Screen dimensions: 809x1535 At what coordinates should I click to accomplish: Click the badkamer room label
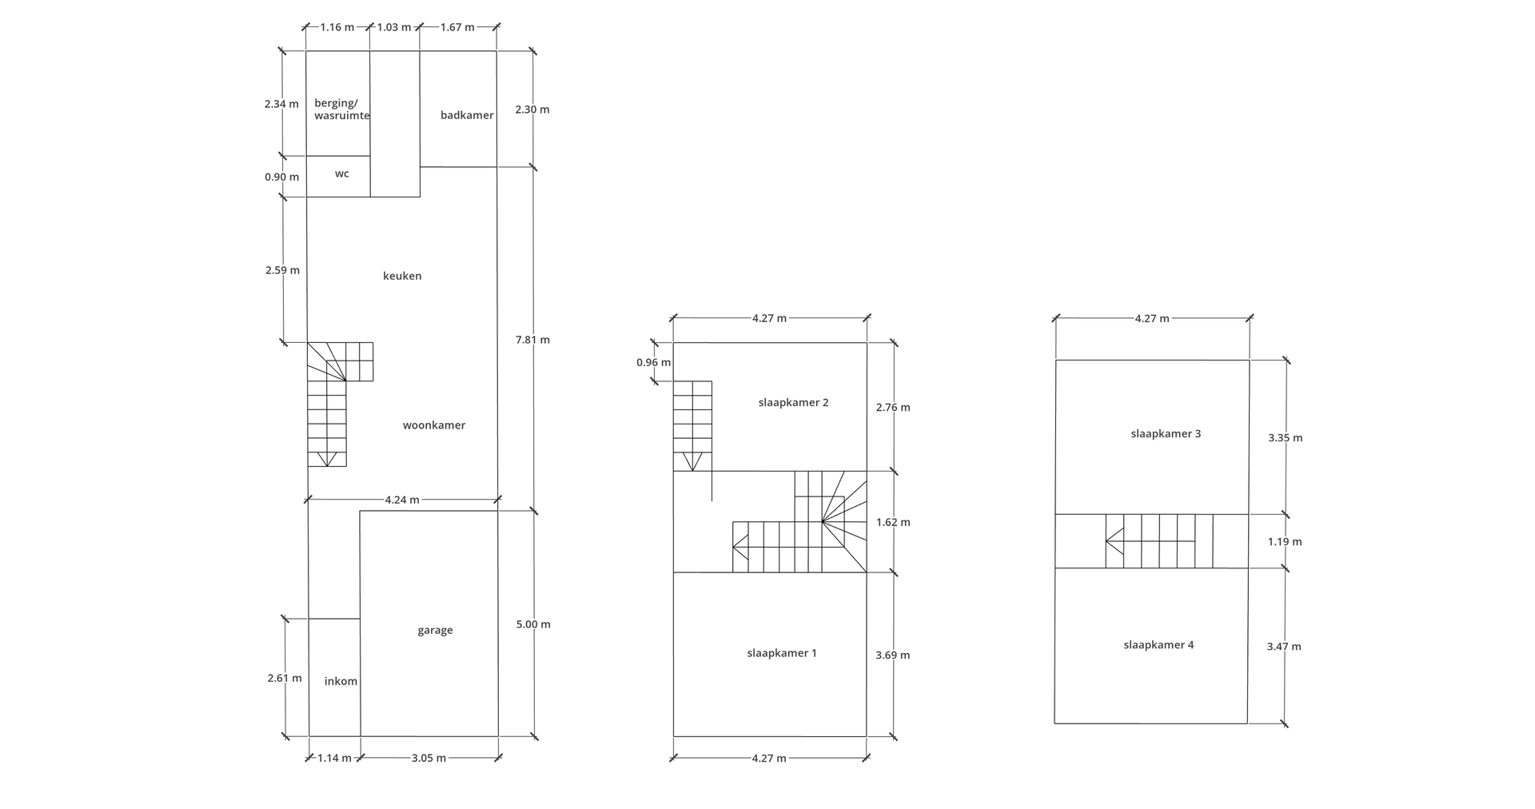467,115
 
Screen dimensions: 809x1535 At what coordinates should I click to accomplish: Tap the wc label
342,173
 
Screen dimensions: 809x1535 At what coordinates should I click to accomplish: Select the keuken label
402,276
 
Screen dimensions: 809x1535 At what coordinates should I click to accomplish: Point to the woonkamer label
434,425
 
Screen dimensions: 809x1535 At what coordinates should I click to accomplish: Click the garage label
435,630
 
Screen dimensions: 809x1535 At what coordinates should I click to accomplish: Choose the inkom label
341,681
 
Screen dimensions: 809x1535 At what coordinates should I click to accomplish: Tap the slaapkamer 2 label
793,402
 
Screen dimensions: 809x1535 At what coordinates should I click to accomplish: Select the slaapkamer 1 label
782,653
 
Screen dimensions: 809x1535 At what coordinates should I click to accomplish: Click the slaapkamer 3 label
1166,434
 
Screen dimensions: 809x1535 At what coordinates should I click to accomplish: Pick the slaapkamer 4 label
1158,645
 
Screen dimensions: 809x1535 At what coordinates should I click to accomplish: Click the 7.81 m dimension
532,340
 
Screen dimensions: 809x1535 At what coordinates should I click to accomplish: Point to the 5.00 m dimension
533,624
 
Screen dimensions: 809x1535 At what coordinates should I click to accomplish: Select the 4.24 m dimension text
402,500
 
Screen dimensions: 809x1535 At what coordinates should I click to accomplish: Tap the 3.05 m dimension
429,758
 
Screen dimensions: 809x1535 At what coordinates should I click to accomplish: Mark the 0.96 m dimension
653,362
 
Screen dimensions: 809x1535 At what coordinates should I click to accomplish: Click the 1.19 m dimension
1285,542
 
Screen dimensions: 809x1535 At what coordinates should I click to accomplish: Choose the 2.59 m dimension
282,270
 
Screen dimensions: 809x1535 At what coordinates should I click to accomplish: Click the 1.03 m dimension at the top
394,27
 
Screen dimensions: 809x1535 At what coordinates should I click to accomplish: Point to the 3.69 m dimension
892,656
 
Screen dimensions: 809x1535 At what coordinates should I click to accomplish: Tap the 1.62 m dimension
893,523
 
